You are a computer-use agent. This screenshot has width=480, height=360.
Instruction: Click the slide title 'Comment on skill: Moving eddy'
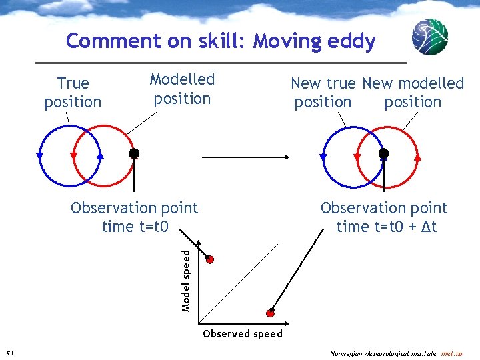[221, 41]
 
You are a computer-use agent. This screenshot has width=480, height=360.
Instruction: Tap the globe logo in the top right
[429, 37]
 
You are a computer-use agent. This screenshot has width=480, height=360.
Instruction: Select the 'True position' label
[73, 93]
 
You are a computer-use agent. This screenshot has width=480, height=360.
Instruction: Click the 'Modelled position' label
[182, 89]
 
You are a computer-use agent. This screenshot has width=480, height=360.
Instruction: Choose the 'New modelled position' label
[413, 93]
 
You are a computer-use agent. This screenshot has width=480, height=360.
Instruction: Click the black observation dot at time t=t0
[134, 153]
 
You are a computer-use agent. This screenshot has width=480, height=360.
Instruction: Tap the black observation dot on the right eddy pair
[383, 153]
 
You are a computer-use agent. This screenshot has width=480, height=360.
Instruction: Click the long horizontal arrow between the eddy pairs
[245, 157]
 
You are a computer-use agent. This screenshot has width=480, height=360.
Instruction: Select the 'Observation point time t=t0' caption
[135, 217]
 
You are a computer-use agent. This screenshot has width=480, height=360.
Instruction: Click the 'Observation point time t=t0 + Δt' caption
[385, 217]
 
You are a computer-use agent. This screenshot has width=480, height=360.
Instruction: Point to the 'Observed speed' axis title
[243, 333]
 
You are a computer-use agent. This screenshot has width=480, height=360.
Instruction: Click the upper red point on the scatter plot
[210, 259]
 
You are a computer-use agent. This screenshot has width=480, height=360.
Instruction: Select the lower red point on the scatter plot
[271, 313]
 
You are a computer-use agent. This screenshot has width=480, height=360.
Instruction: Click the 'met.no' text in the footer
[457, 353]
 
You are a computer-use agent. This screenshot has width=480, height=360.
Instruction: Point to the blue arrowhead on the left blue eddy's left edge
[39, 155]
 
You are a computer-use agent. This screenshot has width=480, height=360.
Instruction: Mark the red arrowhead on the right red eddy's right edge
[418, 158]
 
